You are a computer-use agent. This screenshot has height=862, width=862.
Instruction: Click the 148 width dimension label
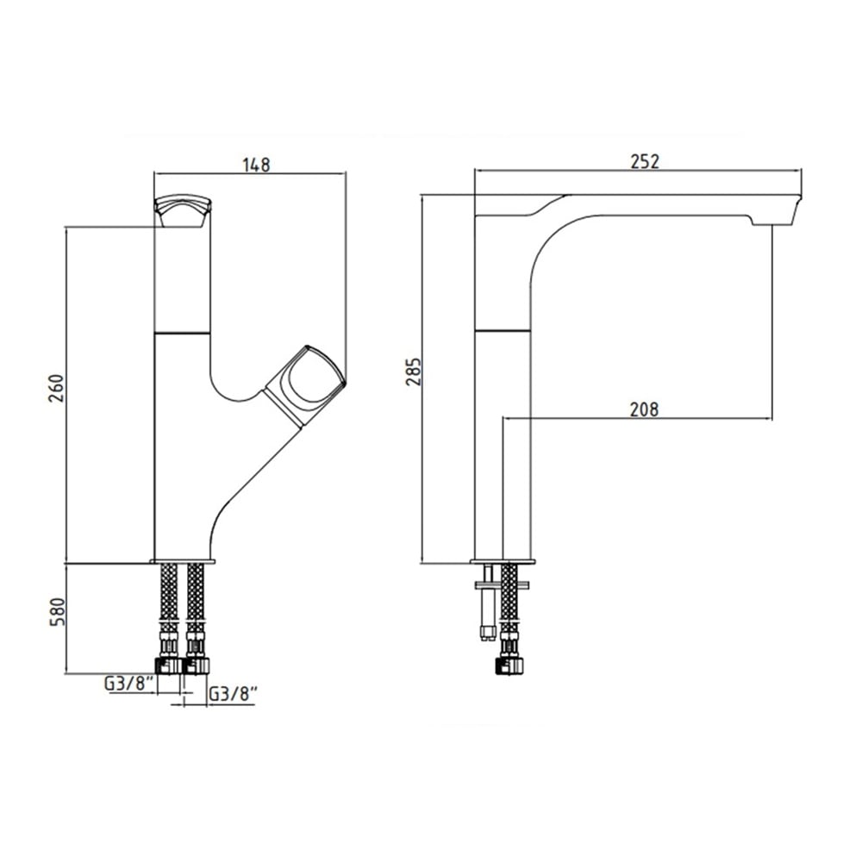(x=257, y=165)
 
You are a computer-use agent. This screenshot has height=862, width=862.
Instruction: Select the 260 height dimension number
(x=58, y=388)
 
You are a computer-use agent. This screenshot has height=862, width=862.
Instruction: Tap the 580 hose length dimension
(x=58, y=611)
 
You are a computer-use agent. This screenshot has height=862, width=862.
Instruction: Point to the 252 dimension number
(x=644, y=162)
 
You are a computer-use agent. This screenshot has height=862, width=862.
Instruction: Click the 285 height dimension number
(x=414, y=372)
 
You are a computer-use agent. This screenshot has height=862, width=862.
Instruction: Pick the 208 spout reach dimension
(x=644, y=409)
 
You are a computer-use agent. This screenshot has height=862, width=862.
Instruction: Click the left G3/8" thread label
(x=128, y=684)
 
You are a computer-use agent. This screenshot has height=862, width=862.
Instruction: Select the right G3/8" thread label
(x=234, y=694)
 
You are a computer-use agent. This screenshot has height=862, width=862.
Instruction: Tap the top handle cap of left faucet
(x=183, y=210)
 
